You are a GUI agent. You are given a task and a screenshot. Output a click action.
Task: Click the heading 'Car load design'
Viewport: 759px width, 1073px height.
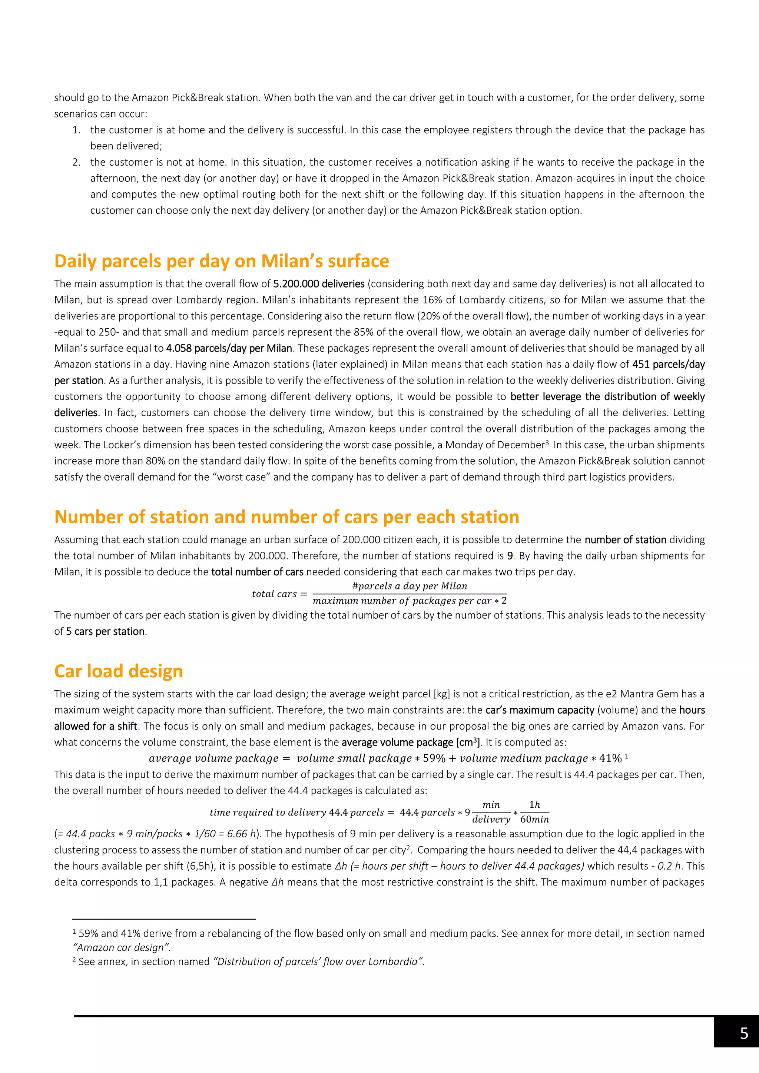[118, 671]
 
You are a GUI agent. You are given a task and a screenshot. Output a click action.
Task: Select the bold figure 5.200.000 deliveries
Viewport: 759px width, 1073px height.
[319, 284]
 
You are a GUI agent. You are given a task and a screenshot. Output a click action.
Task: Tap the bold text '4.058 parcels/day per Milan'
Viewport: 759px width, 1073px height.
[229, 348]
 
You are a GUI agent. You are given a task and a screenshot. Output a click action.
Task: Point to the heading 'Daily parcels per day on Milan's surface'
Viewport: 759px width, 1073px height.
[222, 261]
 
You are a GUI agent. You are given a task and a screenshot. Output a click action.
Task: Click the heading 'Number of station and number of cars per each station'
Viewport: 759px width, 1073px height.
[286, 517]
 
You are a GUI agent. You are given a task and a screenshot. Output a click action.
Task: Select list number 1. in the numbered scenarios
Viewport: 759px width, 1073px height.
[77, 130]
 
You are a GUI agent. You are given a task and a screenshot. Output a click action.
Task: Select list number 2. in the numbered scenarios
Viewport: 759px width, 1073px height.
[77, 162]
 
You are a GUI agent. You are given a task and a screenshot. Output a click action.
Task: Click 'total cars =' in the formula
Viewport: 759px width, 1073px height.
[279, 594]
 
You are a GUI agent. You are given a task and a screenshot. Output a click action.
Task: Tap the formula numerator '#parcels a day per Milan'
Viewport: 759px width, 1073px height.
[410, 586]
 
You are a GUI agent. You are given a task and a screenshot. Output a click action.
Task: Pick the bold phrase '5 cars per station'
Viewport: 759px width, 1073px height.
[105, 631]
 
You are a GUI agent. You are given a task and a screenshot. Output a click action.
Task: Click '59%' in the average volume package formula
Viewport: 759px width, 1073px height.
[434, 758]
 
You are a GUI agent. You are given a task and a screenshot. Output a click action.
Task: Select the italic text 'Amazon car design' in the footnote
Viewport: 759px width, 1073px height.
[122, 947]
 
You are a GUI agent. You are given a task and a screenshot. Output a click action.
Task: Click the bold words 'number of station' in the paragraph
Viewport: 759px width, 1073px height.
[625, 540]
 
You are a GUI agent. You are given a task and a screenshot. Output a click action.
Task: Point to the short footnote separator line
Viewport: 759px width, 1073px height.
[164, 919]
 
